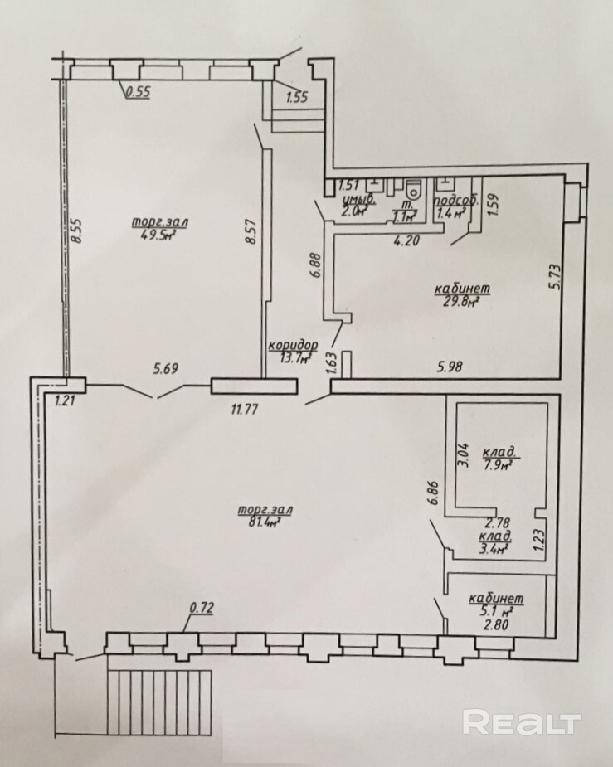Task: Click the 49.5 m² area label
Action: tap(160, 235)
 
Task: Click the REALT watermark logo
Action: tap(520, 721)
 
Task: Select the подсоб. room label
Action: tap(455, 201)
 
